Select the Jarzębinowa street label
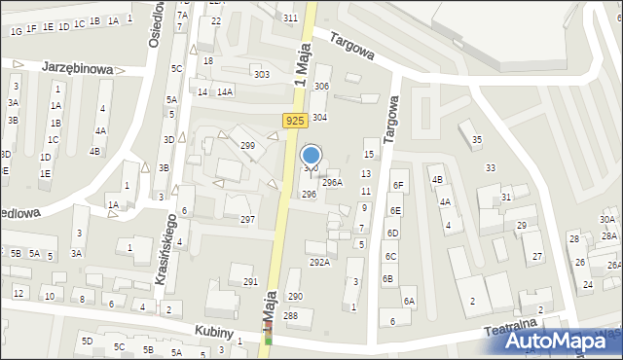coord(78,69)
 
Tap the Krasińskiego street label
coord(165,249)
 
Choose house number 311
coord(290,18)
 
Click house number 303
coord(261,74)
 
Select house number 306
coord(321,87)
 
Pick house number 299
coord(247,146)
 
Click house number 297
coord(247,220)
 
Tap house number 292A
coord(319,262)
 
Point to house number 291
coord(250,282)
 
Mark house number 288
coord(290,315)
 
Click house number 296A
coord(332,182)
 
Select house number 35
coord(476,140)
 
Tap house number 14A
coord(225,91)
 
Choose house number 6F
coord(397,185)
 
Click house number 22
coord(216,20)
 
